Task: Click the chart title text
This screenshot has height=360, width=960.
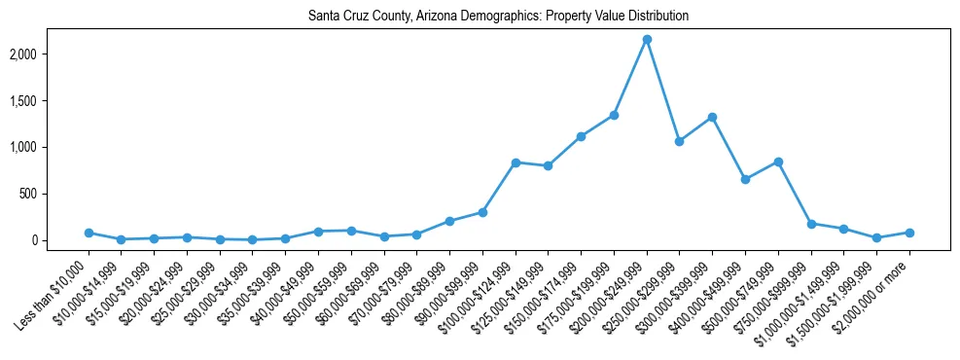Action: [498, 17]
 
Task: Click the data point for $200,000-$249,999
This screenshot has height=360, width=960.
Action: [647, 39]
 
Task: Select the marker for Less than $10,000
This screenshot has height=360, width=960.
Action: [89, 233]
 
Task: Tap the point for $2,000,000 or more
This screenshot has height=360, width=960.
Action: [909, 233]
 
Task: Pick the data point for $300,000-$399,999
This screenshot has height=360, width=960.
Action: [713, 117]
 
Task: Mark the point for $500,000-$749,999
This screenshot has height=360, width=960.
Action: [778, 162]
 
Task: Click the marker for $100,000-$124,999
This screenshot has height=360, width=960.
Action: [516, 162]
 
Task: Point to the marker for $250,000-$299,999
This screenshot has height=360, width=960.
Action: [680, 141]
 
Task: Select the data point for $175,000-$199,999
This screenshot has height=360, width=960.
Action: [614, 115]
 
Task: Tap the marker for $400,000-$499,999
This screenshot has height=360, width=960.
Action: [745, 179]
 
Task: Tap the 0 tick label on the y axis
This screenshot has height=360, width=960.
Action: [60, 240]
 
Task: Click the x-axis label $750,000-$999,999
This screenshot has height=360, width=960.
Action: [778, 285]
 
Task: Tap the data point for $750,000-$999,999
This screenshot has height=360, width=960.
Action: [811, 224]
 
